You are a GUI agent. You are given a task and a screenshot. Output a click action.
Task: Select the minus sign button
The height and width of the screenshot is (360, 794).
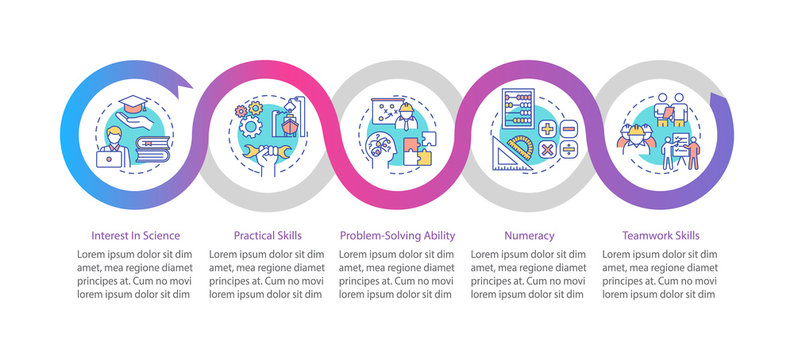pyautogui.click(x=568, y=129)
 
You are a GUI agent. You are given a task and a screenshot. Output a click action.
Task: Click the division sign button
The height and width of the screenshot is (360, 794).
pyautogui.click(x=568, y=149)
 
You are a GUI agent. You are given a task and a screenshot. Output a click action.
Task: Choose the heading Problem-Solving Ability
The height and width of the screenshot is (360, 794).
pyautogui.click(x=397, y=236)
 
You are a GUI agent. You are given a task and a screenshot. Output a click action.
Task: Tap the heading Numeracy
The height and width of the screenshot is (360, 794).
pyautogui.click(x=528, y=236)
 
